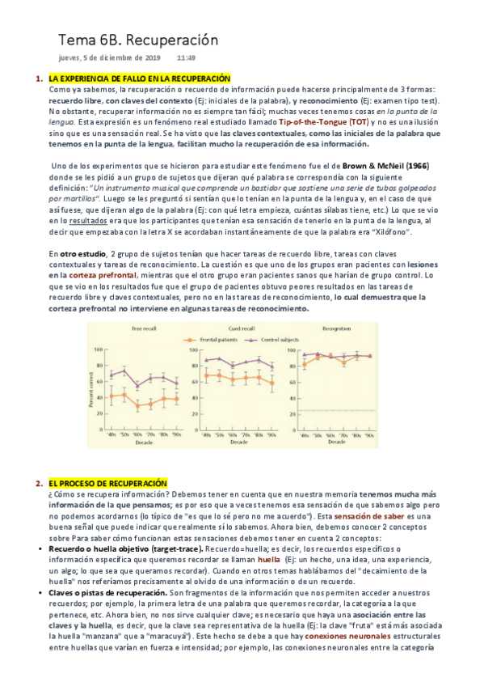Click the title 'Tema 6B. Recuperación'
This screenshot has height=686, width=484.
pos(138,40)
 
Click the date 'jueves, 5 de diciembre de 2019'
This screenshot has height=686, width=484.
pos(110,58)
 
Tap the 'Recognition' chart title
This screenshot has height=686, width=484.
pos(335,328)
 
